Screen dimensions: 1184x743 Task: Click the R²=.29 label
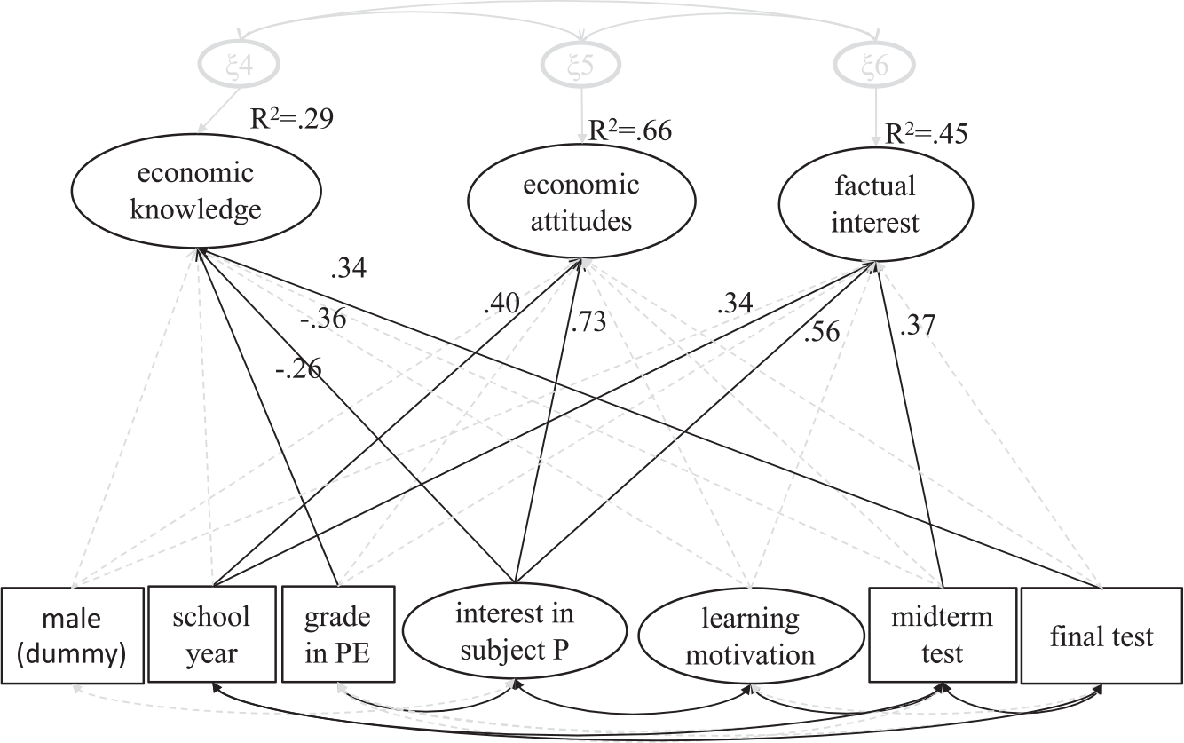click(x=292, y=118)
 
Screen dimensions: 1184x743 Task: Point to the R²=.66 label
click(x=630, y=130)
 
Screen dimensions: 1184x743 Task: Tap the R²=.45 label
click(x=926, y=133)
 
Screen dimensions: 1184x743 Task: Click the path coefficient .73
click(x=588, y=321)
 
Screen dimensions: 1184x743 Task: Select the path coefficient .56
click(x=821, y=332)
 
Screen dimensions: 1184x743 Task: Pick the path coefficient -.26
click(x=298, y=368)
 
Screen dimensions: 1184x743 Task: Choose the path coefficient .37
click(x=918, y=325)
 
